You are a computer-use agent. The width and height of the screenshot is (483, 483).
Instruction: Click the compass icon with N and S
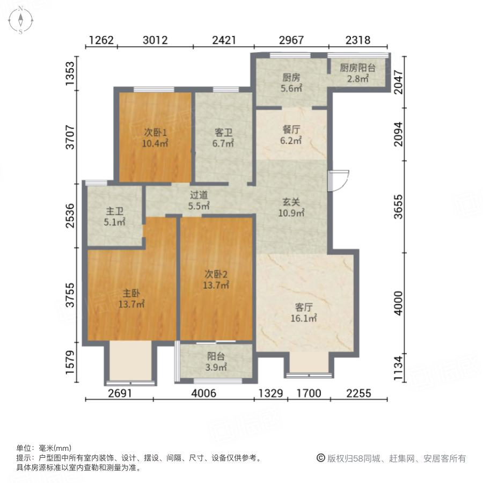20,20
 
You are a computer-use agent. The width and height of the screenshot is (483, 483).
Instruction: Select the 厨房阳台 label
357,68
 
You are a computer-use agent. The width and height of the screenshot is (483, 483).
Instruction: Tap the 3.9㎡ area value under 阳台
216,368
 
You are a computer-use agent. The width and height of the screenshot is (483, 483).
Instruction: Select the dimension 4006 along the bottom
204,393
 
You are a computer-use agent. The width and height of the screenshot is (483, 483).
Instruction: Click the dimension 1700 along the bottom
309,393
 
